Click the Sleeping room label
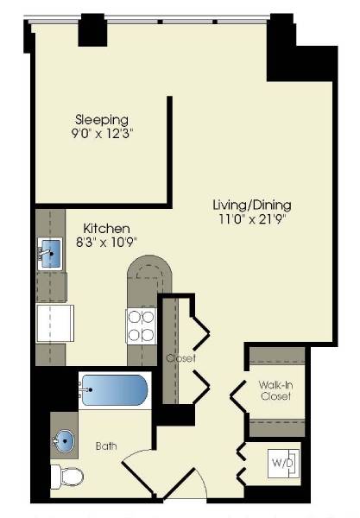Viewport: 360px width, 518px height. (x=101, y=119)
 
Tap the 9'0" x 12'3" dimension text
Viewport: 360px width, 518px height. (x=101, y=134)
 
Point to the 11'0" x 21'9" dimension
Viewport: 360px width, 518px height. (x=252, y=219)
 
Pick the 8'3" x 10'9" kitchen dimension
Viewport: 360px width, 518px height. (x=106, y=242)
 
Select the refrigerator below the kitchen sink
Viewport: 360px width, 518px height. (x=54, y=322)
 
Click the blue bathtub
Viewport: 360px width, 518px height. (x=115, y=393)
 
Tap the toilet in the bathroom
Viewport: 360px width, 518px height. (x=66, y=476)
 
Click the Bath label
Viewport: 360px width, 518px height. (x=106, y=446)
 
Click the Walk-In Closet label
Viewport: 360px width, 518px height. (x=275, y=389)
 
